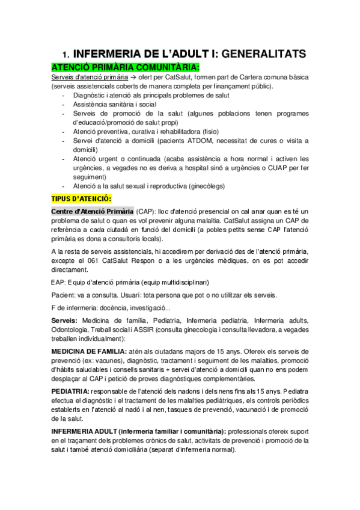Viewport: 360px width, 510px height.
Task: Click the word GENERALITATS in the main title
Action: [x=263, y=54]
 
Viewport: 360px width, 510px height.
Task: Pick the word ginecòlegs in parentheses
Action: [x=204, y=186]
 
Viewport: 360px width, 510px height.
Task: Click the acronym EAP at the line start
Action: [x=58, y=281]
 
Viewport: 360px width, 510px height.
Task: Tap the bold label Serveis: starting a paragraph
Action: [x=64, y=321]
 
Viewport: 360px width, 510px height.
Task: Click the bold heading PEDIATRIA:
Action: [x=72, y=392]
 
